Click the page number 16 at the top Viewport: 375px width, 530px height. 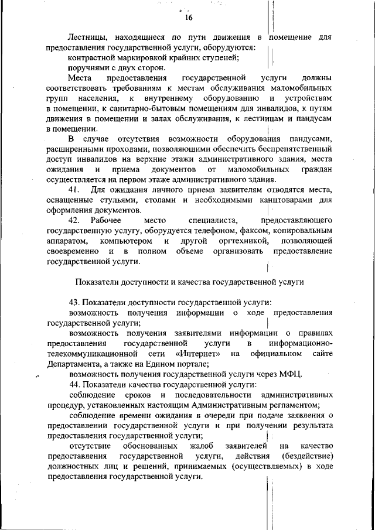(x=189, y=16)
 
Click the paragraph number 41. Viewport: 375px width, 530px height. (x=74, y=190)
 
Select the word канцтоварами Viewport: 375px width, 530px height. (x=286, y=200)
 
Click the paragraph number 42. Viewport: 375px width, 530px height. (x=74, y=220)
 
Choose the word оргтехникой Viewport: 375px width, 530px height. (x=240, y=241)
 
